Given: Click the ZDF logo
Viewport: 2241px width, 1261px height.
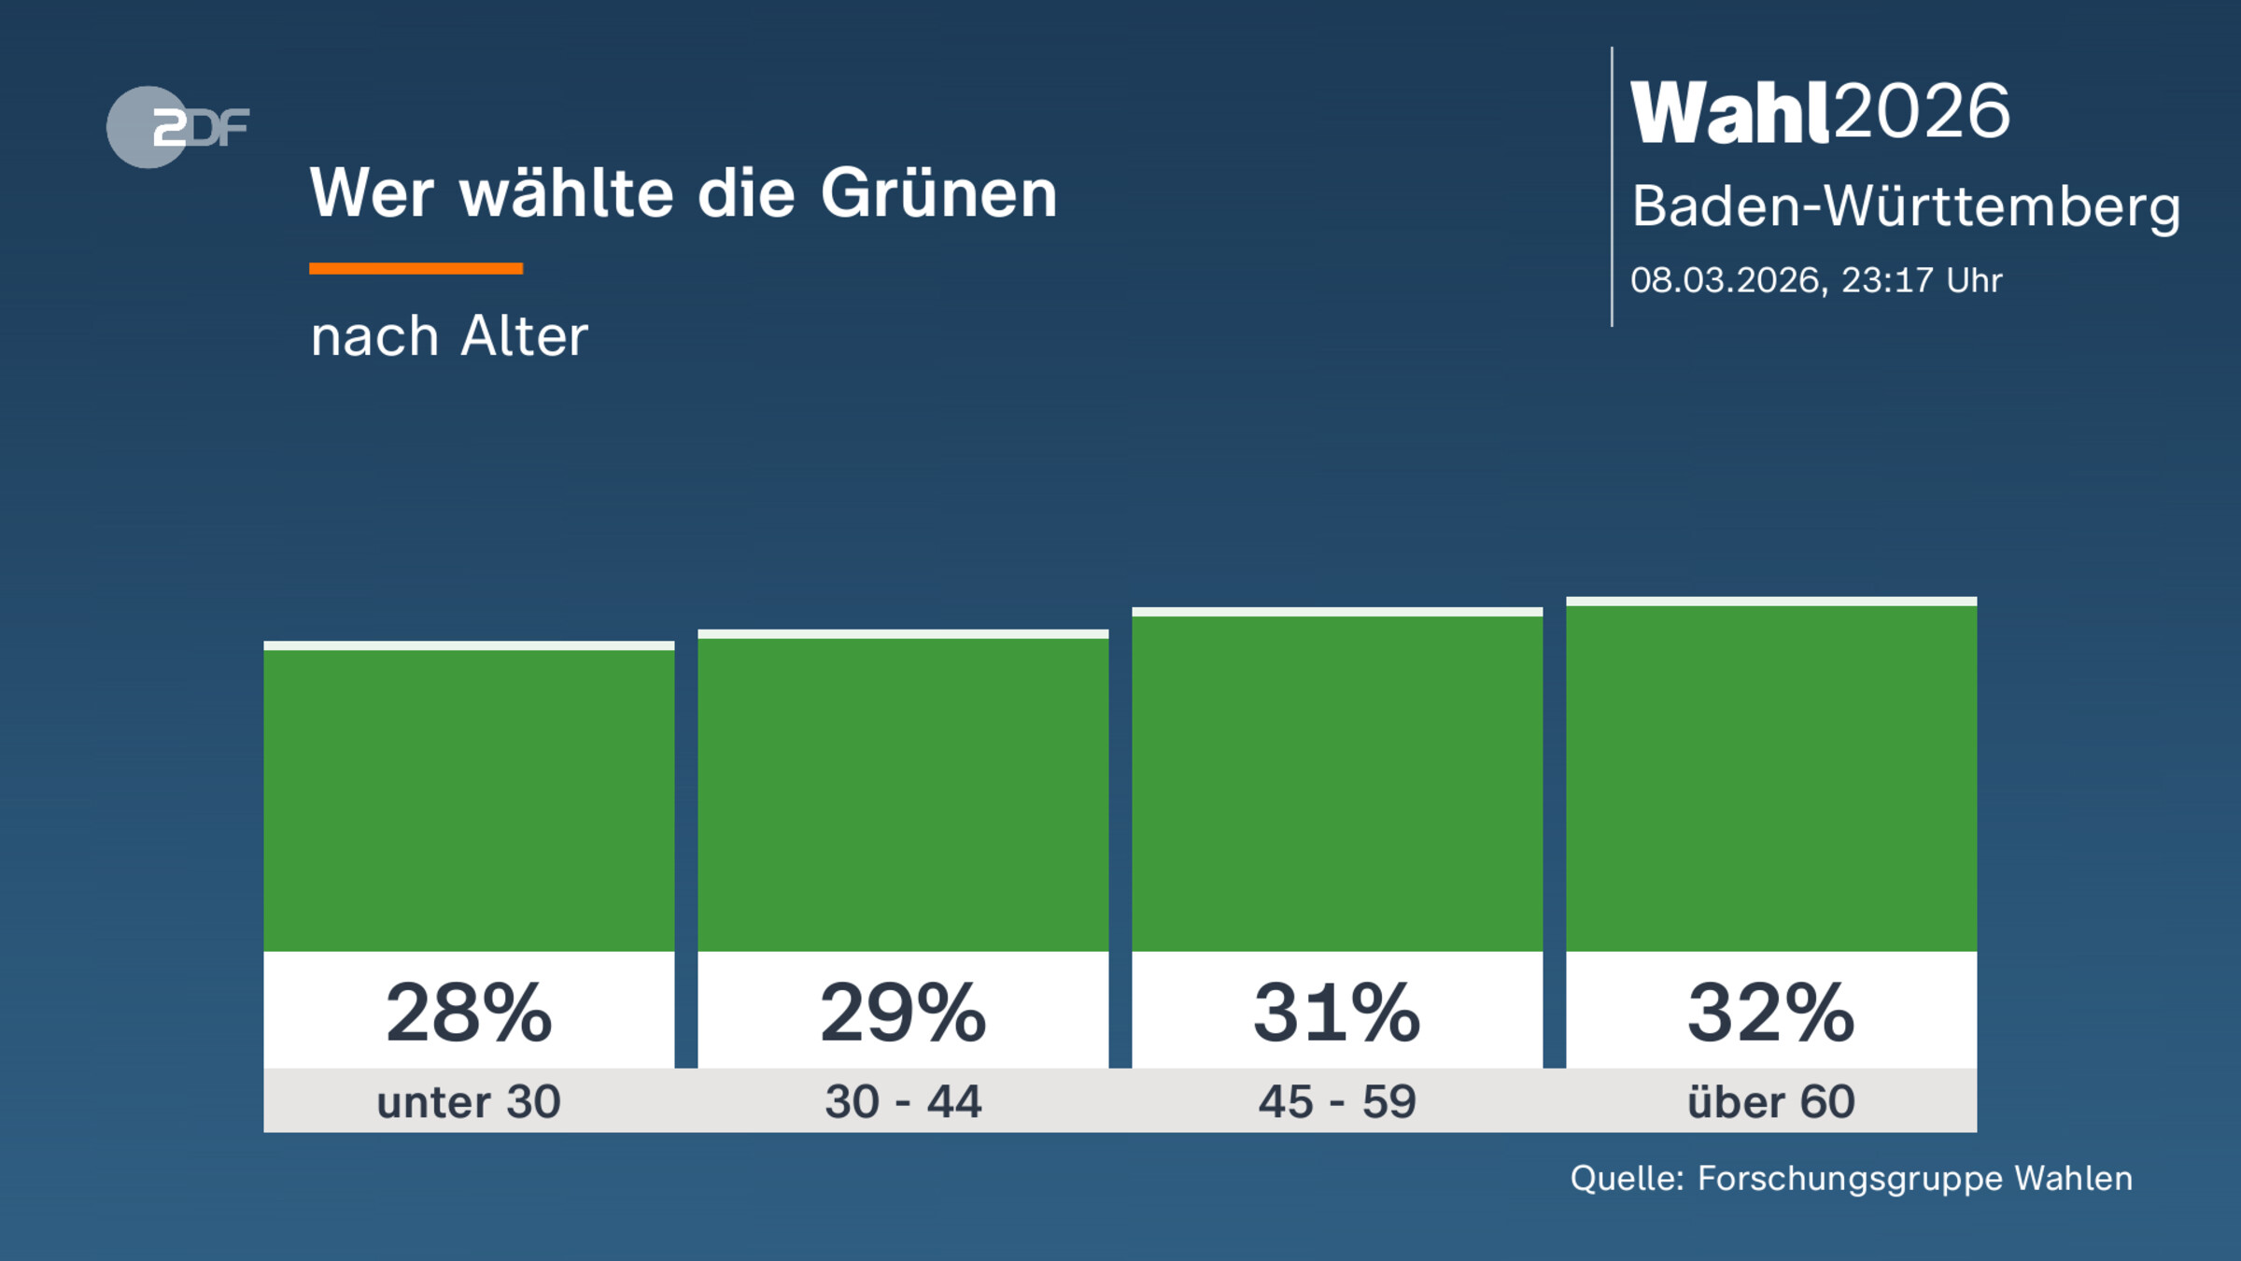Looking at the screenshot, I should click(177, 127).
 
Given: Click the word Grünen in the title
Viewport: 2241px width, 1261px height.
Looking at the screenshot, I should click(938, 193).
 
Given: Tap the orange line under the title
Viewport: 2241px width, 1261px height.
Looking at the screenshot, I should click(416, 269).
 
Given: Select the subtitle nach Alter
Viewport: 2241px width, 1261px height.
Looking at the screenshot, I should click(449, 336).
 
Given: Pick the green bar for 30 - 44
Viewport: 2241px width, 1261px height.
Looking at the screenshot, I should click(903, 794).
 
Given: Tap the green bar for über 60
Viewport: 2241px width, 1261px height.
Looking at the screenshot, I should click(1771, 777).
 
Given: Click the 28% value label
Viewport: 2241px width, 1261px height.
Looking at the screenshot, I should click(469, 1013).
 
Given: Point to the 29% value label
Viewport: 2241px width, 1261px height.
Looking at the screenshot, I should click(903, 1013).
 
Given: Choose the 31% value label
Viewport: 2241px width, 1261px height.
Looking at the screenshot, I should click(1337, 1013).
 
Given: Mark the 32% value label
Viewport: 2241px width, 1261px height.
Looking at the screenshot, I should click(1771, 1013).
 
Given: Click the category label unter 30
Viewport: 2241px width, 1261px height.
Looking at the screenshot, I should click(469, 1101).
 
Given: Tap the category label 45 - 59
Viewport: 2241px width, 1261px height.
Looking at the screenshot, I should click(1337, 1101).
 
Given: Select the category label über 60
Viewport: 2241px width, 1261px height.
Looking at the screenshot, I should click(1771, 1101).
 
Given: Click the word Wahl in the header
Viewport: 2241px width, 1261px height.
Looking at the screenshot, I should click(1729, 112).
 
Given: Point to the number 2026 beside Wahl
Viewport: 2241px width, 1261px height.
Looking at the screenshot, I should click(1922, 112).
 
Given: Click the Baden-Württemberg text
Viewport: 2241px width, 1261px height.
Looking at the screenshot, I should click(1905, 206).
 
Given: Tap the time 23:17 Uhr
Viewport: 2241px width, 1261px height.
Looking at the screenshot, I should click(1921, 280).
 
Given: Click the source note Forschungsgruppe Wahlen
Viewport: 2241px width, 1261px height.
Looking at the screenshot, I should click(1914, 1179).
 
